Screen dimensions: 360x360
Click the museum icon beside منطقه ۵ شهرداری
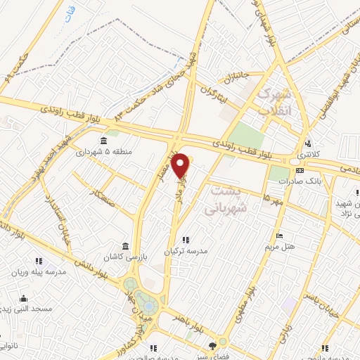104,139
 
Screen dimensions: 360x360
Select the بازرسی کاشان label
124,257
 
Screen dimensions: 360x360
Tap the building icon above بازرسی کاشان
124,246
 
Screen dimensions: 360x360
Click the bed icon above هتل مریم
280,236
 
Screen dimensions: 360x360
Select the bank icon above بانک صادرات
300,170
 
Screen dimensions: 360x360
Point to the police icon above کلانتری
307,143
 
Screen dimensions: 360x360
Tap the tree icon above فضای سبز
213,345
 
